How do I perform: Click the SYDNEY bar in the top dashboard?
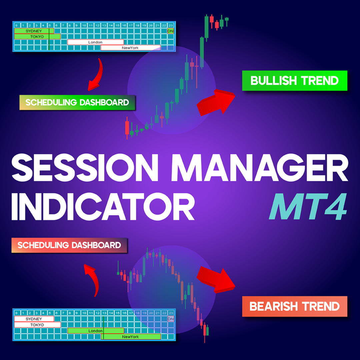coord(34,31)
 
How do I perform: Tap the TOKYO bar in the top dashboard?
coord(37,36)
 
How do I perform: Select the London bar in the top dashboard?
coord(95,42)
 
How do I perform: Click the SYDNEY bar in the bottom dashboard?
coord(34,319)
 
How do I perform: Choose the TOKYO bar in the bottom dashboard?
coord(37,325)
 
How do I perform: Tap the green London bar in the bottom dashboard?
coord(95,331)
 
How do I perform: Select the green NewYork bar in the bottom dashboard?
coord(130,336)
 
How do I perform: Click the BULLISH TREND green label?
coord(295,80)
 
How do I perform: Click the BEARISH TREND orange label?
coord(295,306)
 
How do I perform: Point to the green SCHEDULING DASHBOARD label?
coord(77,102)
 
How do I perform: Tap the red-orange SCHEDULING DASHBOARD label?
coord(69,245)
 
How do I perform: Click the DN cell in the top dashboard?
coord(170,31)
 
